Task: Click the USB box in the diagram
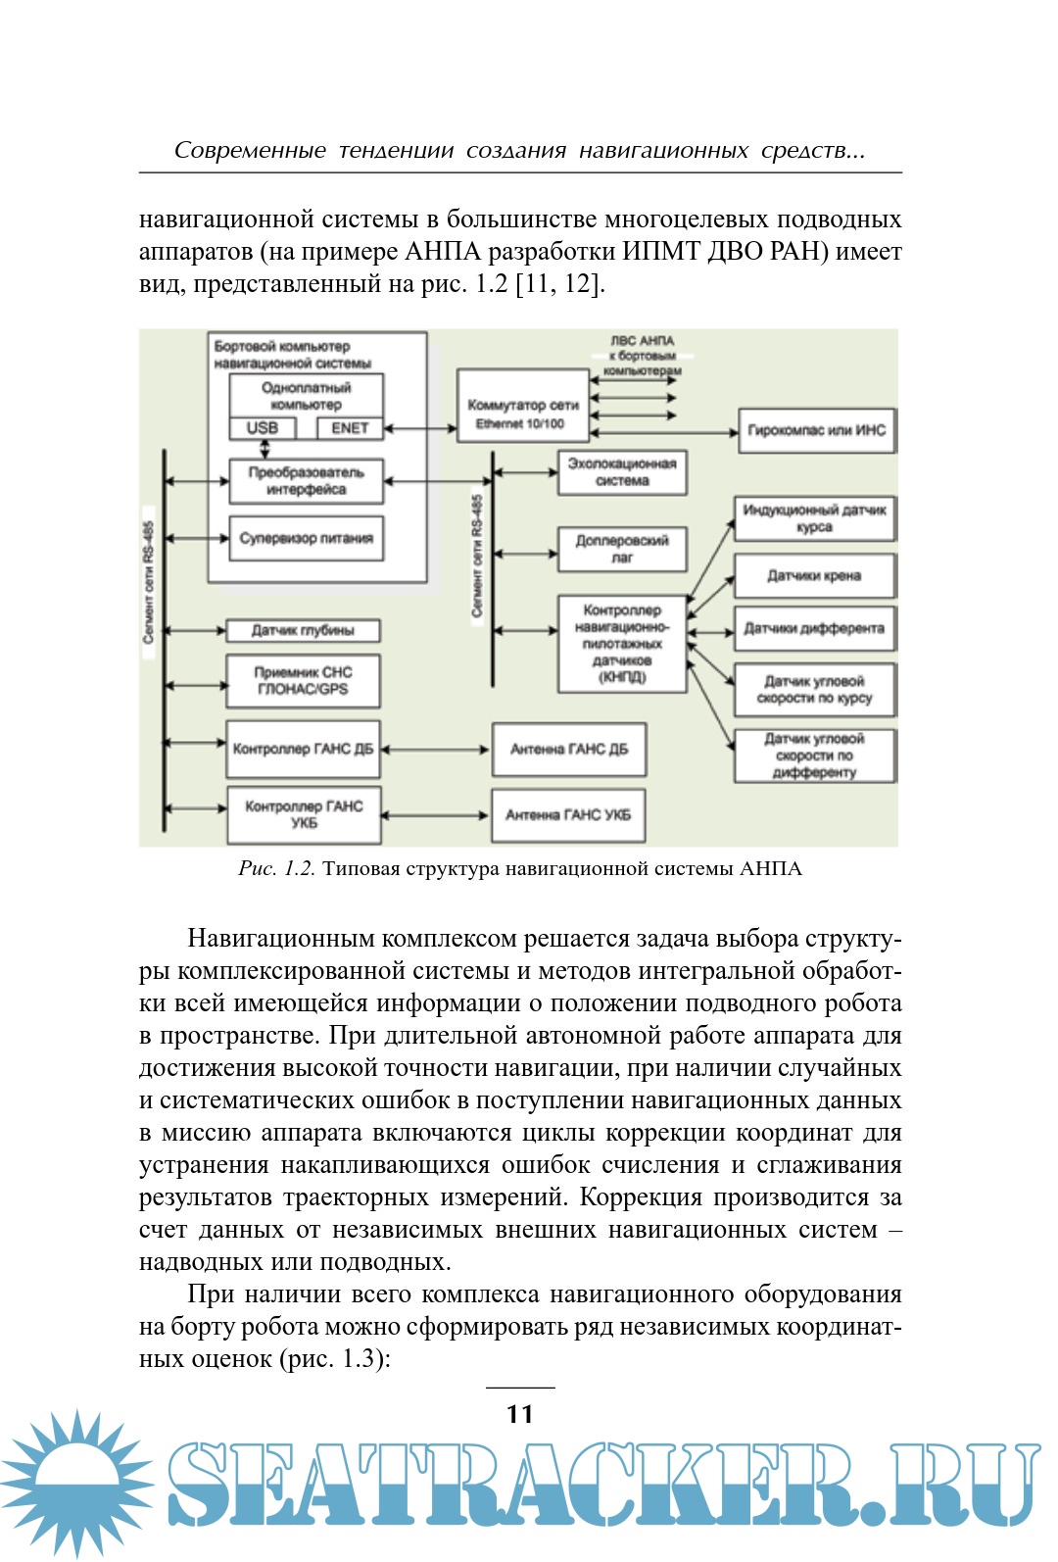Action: (262, 428)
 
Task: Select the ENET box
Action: (349, 428)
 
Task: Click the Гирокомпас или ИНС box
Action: (816, 430)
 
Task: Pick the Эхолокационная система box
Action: (622, 472)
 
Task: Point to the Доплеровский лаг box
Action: (622, 549)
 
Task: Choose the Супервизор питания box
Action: (306, 538)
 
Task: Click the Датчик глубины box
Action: (303, 630)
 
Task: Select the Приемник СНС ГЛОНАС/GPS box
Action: (303, 681)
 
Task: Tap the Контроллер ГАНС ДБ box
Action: (303, 750)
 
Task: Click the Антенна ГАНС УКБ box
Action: (568, 815)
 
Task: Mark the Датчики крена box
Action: (814, 576)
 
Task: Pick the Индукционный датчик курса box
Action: (814, 518)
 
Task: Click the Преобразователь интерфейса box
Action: (306, 480)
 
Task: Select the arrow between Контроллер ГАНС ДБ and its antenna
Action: (436, 750)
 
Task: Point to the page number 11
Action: (520, 1414)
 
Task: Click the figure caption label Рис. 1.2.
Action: (276, 869)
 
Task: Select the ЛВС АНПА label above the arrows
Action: (642, 341)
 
